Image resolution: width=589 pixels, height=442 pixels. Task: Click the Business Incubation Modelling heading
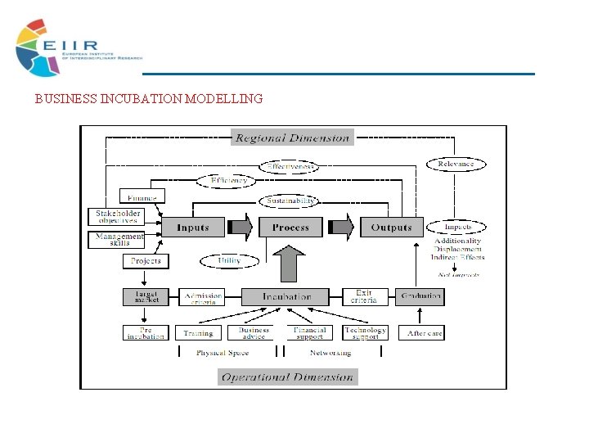pyautogui.click(x=149, y=99)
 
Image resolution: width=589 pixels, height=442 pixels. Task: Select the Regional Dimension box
pyautogui.click(x=293, y=138)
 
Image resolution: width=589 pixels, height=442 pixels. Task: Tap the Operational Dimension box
pyautogui.click(x=288, y=377)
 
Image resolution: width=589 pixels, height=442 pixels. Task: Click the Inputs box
pyautogui.click(x=193, y=227)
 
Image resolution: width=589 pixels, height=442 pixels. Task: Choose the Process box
pyautogui.click(x=290, y=227)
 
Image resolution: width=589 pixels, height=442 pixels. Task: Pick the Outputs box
pyautogui.click(x=392, y=227)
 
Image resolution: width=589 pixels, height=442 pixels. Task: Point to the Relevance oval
pyautogui.click(x=456, y=165)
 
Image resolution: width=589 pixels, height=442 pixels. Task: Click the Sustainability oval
pyautogui.click(x=290, y=201)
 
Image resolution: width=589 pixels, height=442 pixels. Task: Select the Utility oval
pyautogui.click(x=229, y=260)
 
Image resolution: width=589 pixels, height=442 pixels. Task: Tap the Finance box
pyautogui.click(x=142, y=196)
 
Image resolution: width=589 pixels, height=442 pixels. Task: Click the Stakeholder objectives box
pyautogui.click(x=115, y=217)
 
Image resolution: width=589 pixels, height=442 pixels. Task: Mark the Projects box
pyautogui.click(x=146, y=261)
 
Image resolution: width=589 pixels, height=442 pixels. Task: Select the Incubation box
pyautogui.click(x=286, y=296)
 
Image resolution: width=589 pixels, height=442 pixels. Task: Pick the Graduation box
pyautogui.click(x=421, y=296)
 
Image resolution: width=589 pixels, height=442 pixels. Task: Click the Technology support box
pyautogui.click(x=365, y=333)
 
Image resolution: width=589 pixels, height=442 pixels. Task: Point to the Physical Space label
pyautogui.click(x=223, y=353)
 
